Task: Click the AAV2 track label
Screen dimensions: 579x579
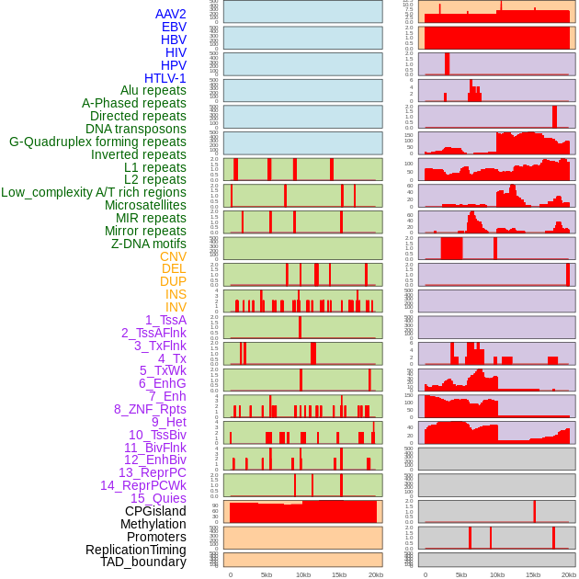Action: [x=171, y=15]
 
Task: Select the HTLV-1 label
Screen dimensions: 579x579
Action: [x=165, y=78]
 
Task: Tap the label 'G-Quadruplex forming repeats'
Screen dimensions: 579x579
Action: [x=97, y=142]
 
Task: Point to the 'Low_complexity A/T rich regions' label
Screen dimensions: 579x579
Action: [x=94, y=192]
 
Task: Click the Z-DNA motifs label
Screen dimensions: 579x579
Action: [x=149, y=244]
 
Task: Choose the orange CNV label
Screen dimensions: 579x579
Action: [x=173, y=256]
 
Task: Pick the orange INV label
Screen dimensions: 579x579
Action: [x=176, y=307]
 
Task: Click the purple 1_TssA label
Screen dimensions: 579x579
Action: [x=165, y=320]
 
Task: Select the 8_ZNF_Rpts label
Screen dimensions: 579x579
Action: [x=150, y=409]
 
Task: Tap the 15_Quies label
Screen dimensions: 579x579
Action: [x=158, y=498]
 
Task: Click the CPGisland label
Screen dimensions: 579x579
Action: [x=155, y=511]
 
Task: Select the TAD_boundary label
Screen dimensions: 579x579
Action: [x=143, y=562]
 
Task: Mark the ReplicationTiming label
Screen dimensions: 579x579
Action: [x=136, y=550]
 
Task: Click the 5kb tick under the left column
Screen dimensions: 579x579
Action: [x=267, y=574]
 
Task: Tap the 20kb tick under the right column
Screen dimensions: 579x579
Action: [x=569, y=574]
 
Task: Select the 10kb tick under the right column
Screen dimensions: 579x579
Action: [x=497, y=574]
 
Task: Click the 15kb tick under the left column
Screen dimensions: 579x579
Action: [x=339, y=574]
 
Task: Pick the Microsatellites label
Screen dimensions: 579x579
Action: [x=145, y=205]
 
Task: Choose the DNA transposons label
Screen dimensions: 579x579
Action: [x=136, y=129]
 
